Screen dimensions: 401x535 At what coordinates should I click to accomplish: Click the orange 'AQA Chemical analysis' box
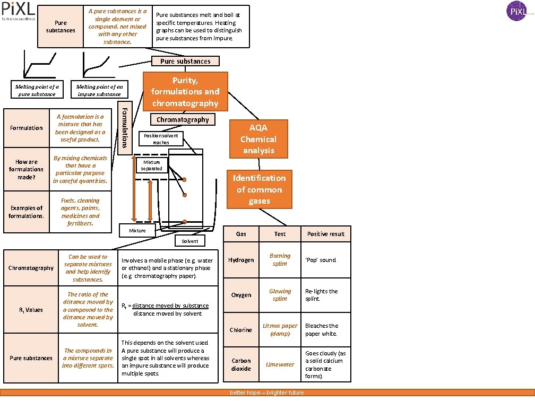[x=258, y=139]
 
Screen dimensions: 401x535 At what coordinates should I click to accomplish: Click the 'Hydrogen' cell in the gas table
[x=241, y=260]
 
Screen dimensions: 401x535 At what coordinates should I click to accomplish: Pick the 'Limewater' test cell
[x=280, y=364]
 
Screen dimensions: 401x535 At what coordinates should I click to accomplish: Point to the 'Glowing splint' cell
[x=280, y=295]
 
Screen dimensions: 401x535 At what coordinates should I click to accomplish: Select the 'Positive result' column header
[x=325, y=234]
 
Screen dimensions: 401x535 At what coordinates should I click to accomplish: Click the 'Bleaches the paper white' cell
[x=325, y=330]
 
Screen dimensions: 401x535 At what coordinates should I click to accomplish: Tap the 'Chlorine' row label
[x=241, y=330]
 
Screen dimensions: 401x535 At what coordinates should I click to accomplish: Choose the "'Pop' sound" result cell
[x=325, y=260]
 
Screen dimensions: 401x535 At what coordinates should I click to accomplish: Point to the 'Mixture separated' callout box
[x=152, y=165]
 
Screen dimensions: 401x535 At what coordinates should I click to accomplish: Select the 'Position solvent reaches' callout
[x=161, y=139]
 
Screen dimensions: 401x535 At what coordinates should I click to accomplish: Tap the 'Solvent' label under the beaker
[x=189, y=241]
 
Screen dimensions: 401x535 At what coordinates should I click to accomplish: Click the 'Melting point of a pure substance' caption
[x=37, y=90]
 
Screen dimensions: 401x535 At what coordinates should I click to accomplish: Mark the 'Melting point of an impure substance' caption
[x=99, y=90]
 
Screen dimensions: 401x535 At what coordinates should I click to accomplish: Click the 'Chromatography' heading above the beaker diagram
[x=183, y=120]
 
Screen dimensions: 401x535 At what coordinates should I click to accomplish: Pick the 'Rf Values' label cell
[x=31, y=310]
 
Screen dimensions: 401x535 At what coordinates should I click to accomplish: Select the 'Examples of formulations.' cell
[x=26, y=212]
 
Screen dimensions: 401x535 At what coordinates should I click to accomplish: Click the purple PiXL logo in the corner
[x=516, y=11]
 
